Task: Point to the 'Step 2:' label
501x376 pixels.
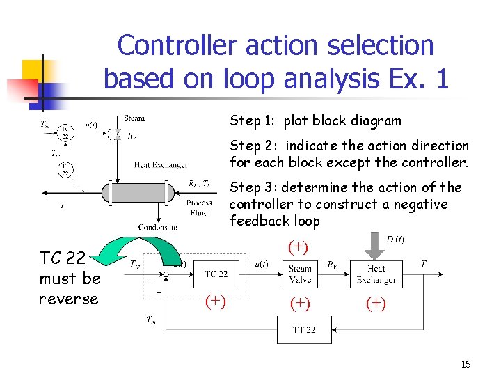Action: [254, 146]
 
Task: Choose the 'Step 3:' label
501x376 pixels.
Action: [254, 187]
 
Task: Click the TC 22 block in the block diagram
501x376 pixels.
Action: [216, 274]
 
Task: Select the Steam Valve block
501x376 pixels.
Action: [300, 274]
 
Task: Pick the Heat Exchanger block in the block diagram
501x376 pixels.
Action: [376, 274]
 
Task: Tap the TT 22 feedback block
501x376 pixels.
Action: [303, 329]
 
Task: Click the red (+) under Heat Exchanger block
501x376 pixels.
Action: [376, 303]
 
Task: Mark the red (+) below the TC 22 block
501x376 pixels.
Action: [216, 301]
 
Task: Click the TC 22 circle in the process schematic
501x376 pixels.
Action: [64, 132]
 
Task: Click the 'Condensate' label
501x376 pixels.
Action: [158, 227]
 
